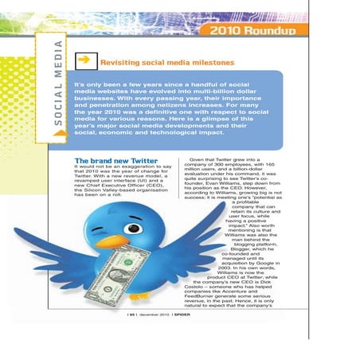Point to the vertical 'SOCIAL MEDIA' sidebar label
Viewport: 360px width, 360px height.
(x=58, y=88)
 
